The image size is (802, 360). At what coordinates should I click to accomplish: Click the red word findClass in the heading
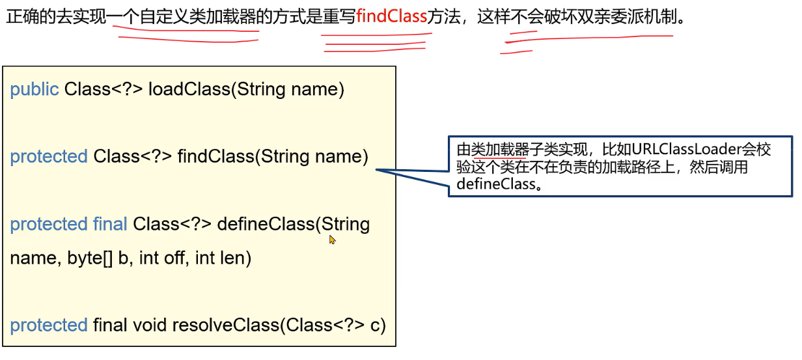tap(391, 16)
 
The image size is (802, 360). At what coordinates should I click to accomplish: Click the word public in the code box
tap(35, 89)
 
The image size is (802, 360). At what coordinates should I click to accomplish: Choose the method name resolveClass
tap(225, 325)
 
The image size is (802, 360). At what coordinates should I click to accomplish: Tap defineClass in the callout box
tap(494, 184)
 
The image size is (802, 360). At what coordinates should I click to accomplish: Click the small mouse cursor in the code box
tap(332, 240)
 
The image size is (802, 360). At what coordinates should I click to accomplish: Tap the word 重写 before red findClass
tap(339, 16)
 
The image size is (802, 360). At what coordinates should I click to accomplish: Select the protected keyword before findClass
tap(49, 156)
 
